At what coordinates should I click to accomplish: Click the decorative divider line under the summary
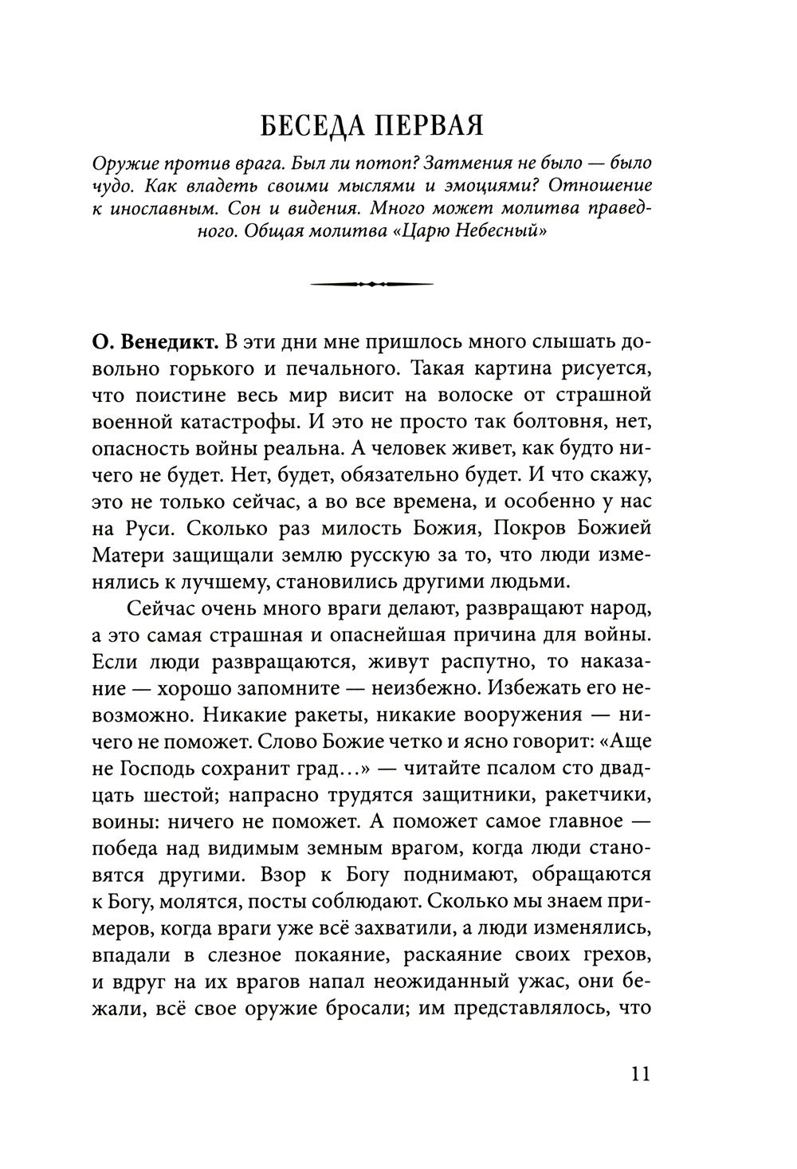[371, 283]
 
